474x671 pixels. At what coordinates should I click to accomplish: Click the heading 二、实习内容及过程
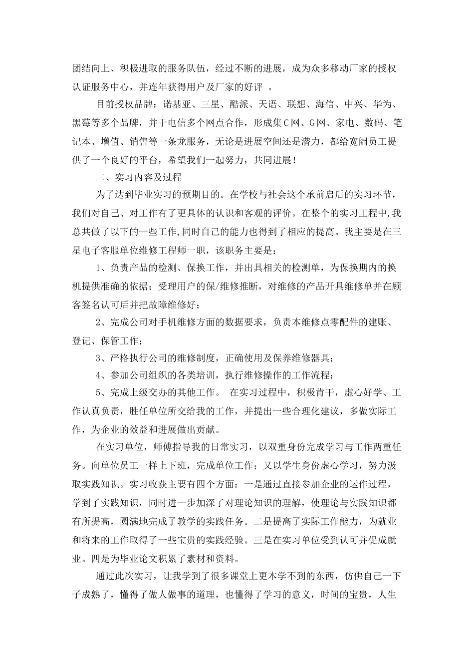click(x=138, y=177)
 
